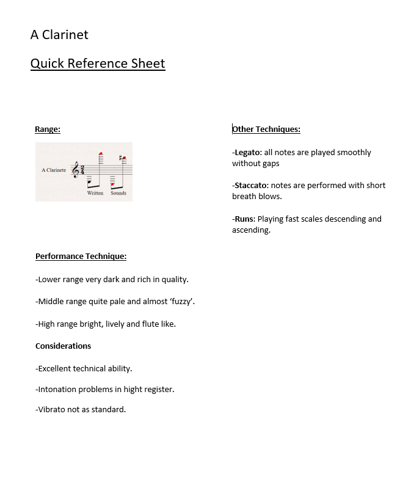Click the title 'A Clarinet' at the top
[x=59, y=35]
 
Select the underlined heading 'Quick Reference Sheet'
[x=98, y=64]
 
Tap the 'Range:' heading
[x=48, y=129]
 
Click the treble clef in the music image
[x=76, y=170]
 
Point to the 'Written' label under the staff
[x=95, y=193]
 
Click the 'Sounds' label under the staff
[x=118, y=193]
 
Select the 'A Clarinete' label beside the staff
[x=54, y=170]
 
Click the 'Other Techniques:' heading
[x=266, y=129]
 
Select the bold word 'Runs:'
[x=244, y=219]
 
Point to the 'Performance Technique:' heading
[x=81, y=256]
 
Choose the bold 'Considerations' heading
[x=63, y=346]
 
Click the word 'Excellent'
[x=57, y=369]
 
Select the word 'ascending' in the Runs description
[x=250, y=230]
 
